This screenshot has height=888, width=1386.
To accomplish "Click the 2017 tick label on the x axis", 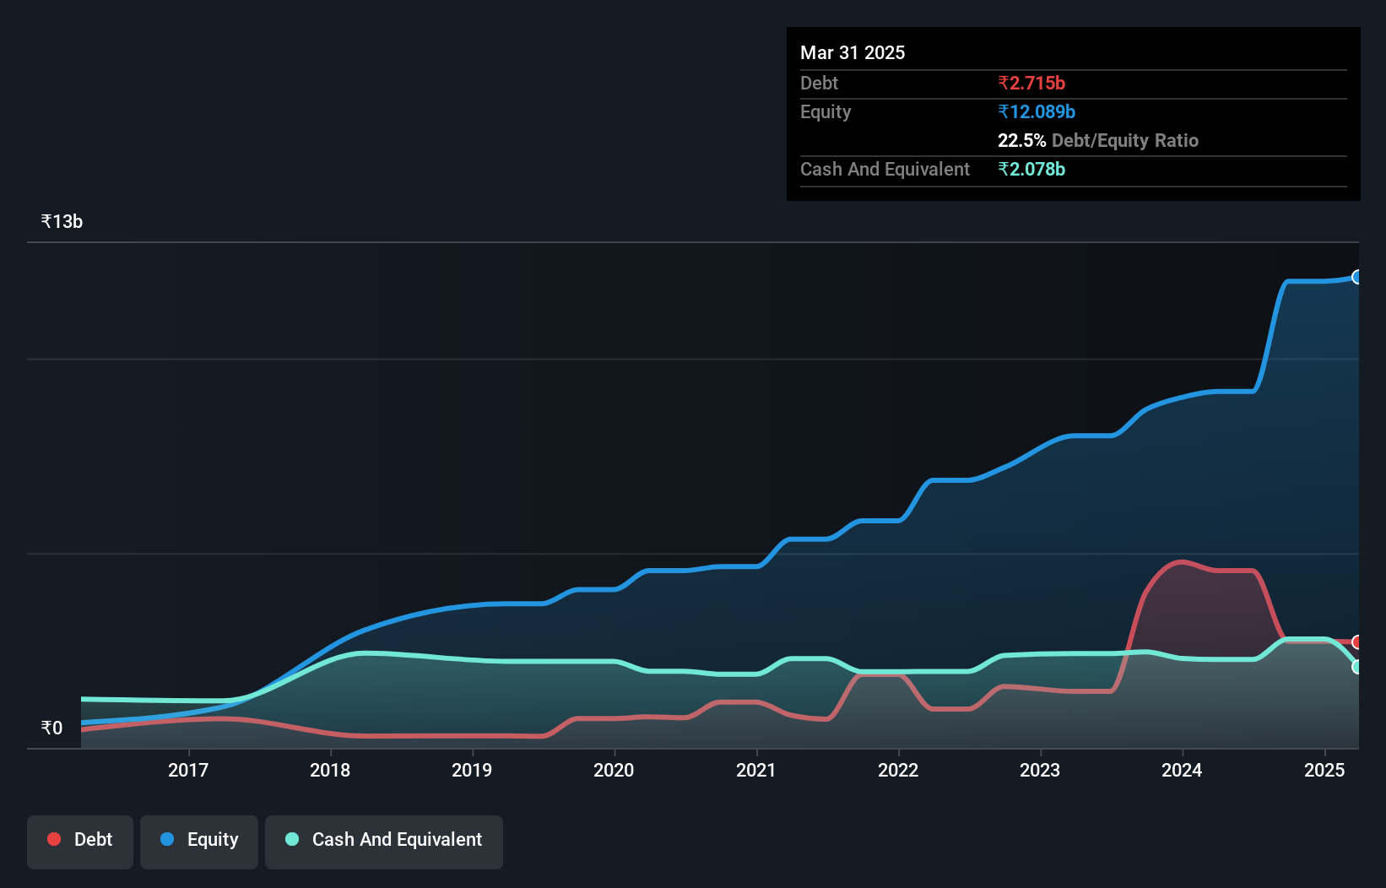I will point(187,770).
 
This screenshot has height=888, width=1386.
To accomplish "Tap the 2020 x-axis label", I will point(614,770).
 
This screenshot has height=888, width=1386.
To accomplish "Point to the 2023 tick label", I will point(1040,770).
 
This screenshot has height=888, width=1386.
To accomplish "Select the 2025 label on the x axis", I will point(1324,770).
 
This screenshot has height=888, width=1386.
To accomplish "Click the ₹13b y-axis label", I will point(62,221).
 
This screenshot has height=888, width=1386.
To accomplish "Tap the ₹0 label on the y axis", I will point(51,728).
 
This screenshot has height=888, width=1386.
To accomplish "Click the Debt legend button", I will point(80,839).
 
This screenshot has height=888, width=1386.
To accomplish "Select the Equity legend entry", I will point(199,839).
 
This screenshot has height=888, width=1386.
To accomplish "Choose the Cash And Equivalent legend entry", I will point(384,839).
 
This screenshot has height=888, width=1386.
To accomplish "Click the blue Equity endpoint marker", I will point(1357,277).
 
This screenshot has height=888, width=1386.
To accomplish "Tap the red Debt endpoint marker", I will point(1357,642).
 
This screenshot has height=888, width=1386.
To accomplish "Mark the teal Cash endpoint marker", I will point(1357,667).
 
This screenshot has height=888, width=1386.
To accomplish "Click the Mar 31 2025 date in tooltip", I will point(853,52).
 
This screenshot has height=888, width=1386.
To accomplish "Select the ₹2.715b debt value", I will point(1031,83).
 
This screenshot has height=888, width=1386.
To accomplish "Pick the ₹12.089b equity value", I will point(1037,111).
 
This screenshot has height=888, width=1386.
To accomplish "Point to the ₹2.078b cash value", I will point(1031,169).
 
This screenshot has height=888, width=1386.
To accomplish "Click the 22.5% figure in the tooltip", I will point(1021,140).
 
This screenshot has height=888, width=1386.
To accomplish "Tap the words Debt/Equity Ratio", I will point(1124,140).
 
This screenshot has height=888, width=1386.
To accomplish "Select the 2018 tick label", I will point(330,770).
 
